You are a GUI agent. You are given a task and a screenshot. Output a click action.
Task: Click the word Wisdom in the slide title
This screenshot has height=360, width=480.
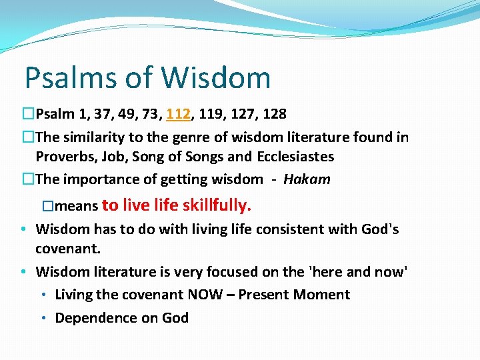[x=216, y=78]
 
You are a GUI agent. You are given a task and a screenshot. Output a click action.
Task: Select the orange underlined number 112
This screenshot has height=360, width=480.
[x=179, y=114]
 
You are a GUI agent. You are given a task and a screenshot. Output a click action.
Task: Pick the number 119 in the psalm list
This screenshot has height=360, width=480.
[x=210, y=114]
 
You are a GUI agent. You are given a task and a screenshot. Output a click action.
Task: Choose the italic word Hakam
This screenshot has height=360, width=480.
[x=307, y=179]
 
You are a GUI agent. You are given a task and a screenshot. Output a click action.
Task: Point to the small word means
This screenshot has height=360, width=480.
[x=80, y=206]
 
